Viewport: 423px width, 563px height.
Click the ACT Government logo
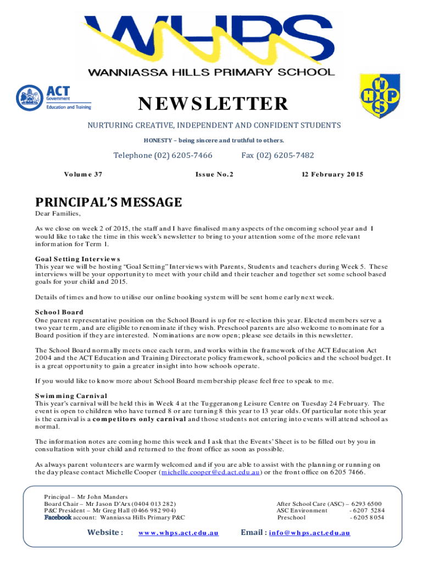point(53,97)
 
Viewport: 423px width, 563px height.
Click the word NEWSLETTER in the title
point(213,103)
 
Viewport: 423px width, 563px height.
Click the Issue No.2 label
point(214,174)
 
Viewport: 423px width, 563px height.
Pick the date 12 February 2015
point(332,174)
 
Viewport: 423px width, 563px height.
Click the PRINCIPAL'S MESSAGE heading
point(108,202)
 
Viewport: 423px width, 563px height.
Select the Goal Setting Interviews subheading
point(77,258)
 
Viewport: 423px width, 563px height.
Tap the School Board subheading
point(59,312)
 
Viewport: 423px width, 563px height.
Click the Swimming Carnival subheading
point(71,395)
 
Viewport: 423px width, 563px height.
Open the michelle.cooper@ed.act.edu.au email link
point(210,472)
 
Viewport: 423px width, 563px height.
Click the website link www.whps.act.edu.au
point(179,533)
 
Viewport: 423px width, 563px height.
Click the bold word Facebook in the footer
point(58,517)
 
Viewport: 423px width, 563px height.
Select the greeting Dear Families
point(58,214)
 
